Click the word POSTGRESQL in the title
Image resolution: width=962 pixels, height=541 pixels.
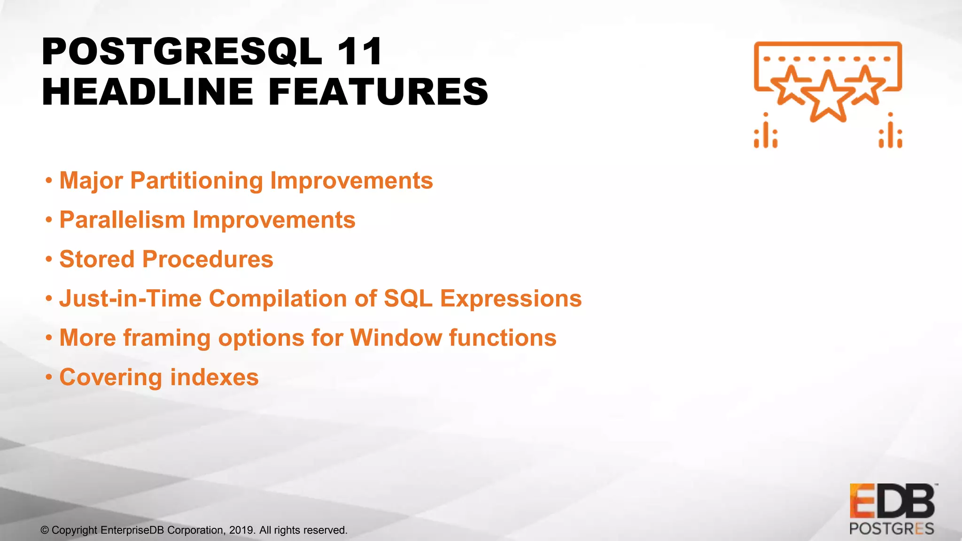pos(182,52)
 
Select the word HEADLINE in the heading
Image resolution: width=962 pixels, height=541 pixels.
pos(147,92)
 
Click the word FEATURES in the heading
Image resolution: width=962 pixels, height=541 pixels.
pos(379,92)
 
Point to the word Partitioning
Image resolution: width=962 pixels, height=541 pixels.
pos(197,181)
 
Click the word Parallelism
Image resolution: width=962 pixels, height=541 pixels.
pos(122,220)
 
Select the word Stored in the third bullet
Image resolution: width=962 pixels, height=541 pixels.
pos(97,259)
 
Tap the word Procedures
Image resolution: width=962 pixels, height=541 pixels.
pos(208,259)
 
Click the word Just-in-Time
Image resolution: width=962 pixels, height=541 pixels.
pos(131,299)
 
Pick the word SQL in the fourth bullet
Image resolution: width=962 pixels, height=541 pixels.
pos(408,299)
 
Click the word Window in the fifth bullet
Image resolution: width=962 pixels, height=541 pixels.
pos(396,338)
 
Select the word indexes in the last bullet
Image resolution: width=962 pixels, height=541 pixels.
pos(214,378)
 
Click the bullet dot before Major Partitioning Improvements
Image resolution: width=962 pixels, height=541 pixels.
pos(49,181)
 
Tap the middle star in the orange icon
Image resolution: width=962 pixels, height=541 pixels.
pos(828,98)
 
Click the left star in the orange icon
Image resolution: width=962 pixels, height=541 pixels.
pos(791,85)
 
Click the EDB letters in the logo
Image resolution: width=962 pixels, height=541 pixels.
pos(892,501)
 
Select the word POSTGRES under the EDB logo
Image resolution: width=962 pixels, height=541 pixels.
pos(892,529)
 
